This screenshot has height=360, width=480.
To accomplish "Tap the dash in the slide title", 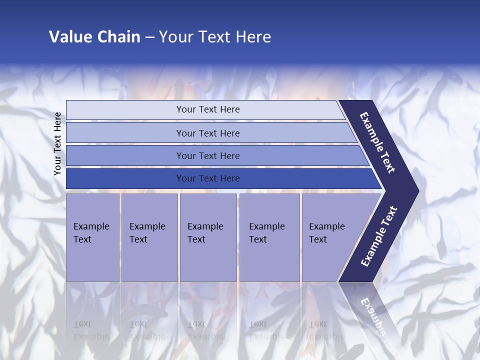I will click(149, 37).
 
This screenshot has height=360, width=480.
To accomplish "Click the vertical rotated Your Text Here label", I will click(57, 143).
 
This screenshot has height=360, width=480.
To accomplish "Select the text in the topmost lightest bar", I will click(208, 109).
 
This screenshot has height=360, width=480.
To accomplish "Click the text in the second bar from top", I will click(208, 133).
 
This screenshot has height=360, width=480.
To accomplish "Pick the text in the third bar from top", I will click(208, 156).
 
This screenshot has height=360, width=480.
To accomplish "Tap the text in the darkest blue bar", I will click(208, 178).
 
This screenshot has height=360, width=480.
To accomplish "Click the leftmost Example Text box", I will click(92, 237).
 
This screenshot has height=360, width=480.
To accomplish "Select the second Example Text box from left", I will click(149, 237).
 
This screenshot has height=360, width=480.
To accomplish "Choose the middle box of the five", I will click(208, 237).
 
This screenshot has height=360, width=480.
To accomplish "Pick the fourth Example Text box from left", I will click(269, 237).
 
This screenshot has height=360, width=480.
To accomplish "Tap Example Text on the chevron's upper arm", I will click(377, 142).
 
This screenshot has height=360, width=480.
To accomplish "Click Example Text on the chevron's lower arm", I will click(379, 236).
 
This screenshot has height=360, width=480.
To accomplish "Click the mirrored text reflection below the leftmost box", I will click(91, 330).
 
